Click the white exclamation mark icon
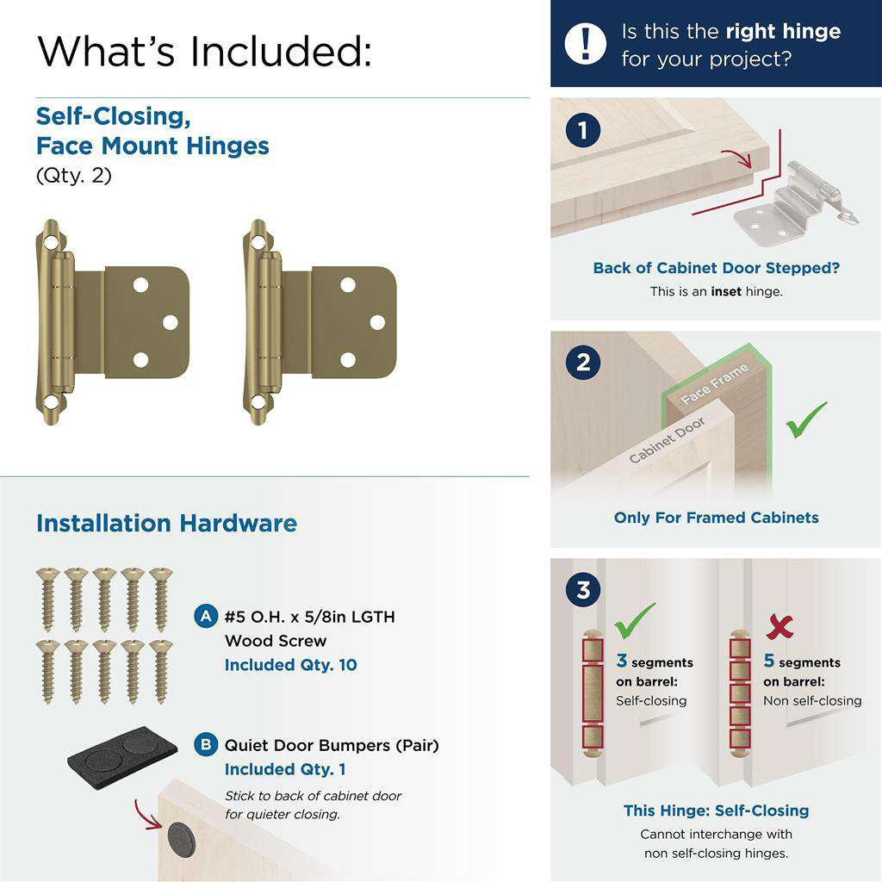point(586,44)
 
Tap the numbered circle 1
point(583,131)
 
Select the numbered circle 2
point(583,363)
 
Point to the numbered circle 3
point(583,591)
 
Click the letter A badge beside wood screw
point(206,617)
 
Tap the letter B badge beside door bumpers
point(206,745)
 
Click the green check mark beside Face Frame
point(806,419)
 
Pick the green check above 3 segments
point(635,619)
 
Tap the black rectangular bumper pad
point(123,750)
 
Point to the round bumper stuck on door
point(180,836)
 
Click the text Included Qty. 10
point(290,665)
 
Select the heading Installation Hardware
point(166,524)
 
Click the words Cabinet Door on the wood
point(667,440)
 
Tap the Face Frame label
point(714,385)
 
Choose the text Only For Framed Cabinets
point(716,518)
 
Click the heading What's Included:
point(205,51)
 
